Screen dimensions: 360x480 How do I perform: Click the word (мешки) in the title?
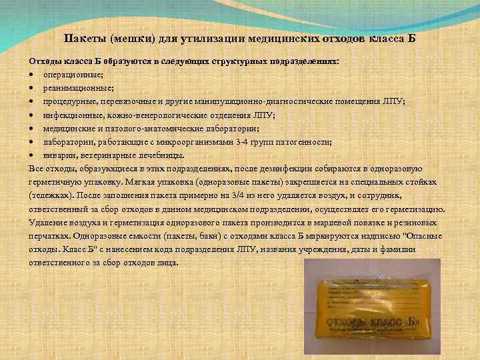pos(131,38)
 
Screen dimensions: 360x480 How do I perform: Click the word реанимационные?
pos(75,87)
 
